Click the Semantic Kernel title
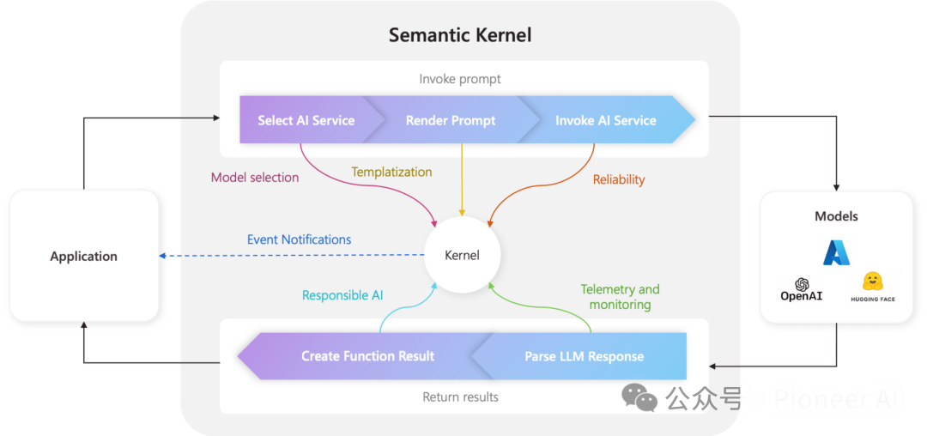tap(460, 35)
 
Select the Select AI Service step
tap(306, 120)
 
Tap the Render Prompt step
tap(451, 120)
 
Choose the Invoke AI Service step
tap(605, 120)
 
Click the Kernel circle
tap(462, 255)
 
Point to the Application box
tap(83, 256)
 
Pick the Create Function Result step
tap(367, 356)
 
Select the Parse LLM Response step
tap(584, 356)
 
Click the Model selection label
tap(255, 178)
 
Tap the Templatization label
tap(391, 172)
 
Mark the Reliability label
tap(619, 179)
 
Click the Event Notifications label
tap(299, 239)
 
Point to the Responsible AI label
tap(342, 295)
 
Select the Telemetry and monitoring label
tap(620, 297)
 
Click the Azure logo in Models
tap(836, 252)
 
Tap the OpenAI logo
tap(802, 289)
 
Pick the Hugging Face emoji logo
tap(873, 282)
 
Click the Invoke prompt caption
tap(460, 79)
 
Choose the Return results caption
tap(460, 397)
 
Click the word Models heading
tap(836, 216)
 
